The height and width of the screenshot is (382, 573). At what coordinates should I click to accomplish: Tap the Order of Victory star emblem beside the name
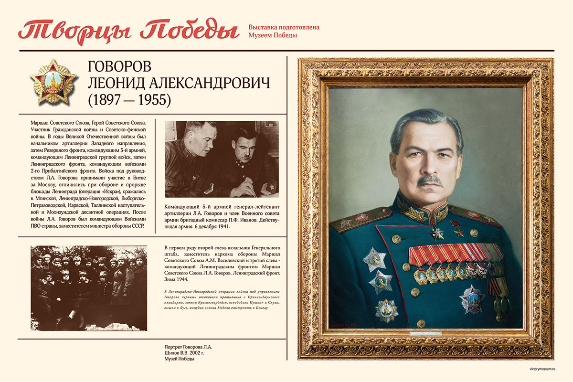[x=53, y=82]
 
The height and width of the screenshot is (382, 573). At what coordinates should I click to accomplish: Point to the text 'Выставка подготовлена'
[x=284, y=27]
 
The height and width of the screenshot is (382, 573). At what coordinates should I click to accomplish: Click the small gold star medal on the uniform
[x=459, y=232]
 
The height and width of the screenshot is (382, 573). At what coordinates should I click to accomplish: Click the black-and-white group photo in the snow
[x=89, y=288]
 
